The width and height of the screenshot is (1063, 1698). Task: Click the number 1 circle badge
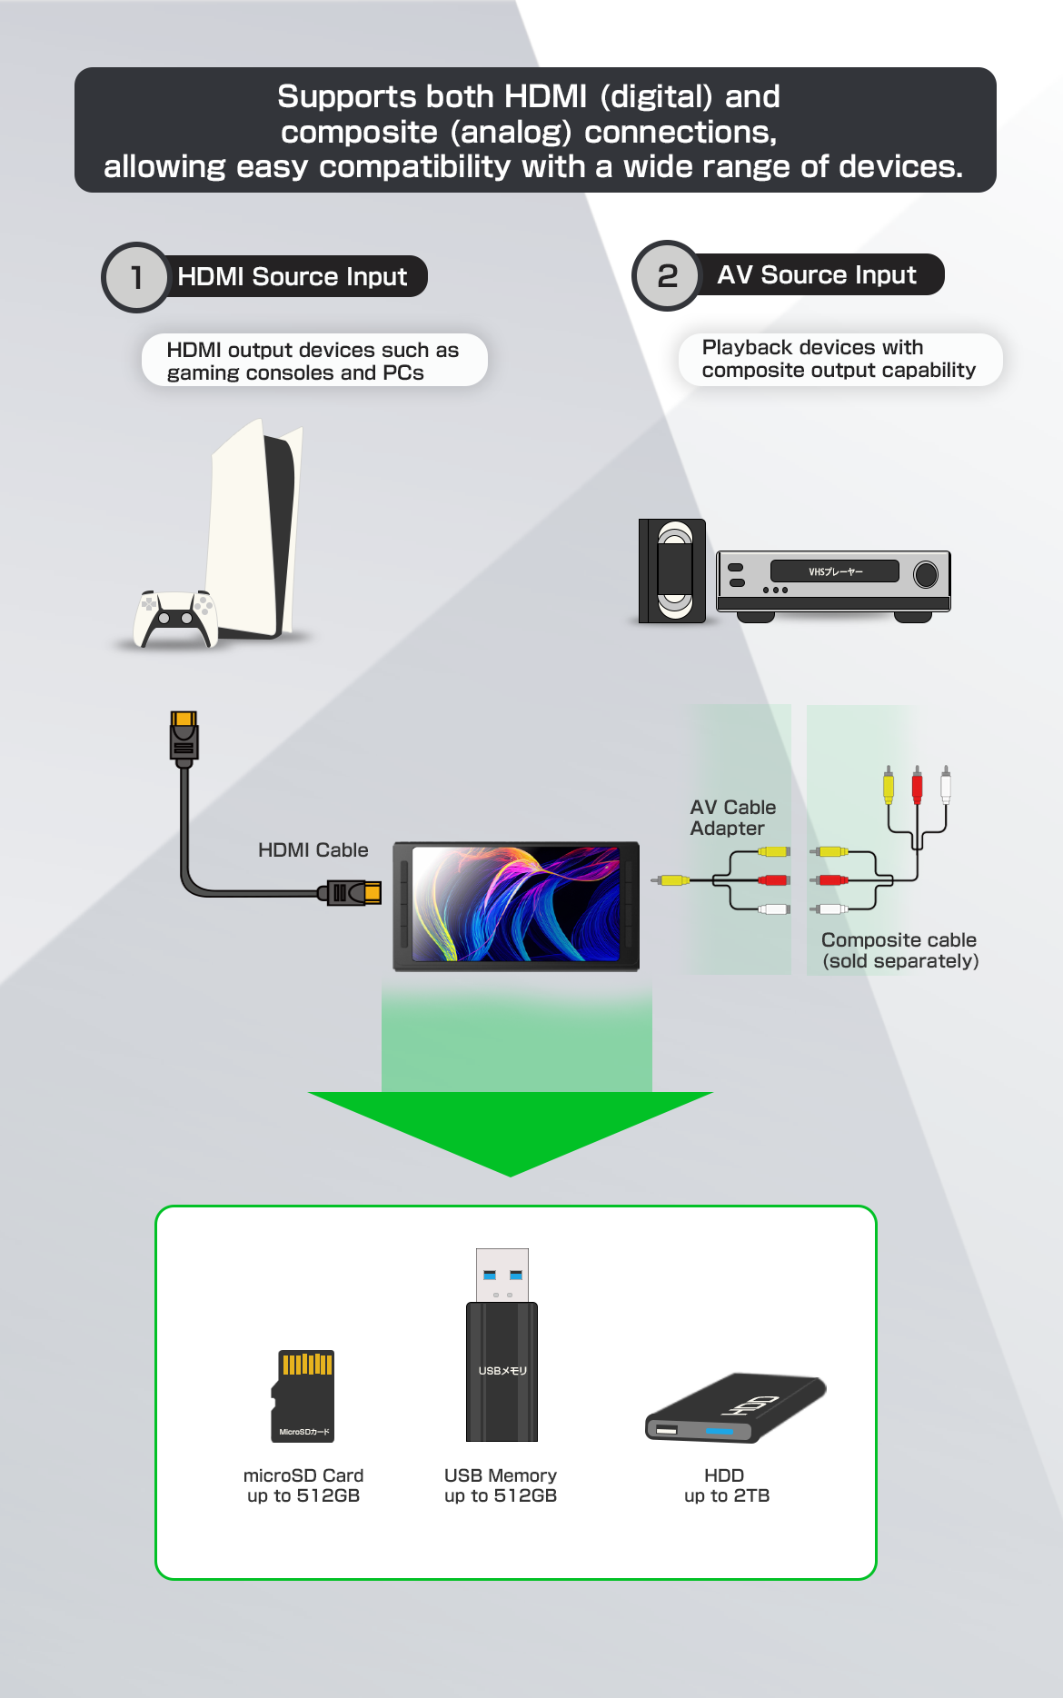pyautogui.click(x=136, y=277)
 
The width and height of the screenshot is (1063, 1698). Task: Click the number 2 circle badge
pyautogui.click(x=667, y=275)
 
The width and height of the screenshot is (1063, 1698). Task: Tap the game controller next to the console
pyautogui.click(x=175, y=618)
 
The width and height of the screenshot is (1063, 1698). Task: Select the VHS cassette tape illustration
pyautogui.click(x=673, y=571)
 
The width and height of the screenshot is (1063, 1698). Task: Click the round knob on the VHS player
pyautogui.click(x=925, y=574)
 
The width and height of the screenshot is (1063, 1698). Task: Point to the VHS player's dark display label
pyautogui.click(x=834, y=571)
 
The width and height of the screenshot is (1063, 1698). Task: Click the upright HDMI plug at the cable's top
pyautogui.click(x=184, y=737)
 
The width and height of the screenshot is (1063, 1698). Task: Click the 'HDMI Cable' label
pyautogui.click(x=313, y=849)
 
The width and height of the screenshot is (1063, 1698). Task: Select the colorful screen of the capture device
pyautogui.click(x=516, y=904)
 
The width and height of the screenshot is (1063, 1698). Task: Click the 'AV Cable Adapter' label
pyautogui.click(x=732, y=818)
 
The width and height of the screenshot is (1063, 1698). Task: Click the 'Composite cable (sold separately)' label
pyautogui.click(x=899, y=950)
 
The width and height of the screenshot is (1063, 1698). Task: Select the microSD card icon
pyautogui.click(x=303, y=1395)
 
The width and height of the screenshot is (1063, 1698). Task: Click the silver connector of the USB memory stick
pyautogui.click(x=502, y=1275)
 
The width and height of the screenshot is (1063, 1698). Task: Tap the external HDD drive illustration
pyautogui.click(x=735, y=1408)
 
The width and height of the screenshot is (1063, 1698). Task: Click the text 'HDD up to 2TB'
pyautogui.click(x=726, y=1485)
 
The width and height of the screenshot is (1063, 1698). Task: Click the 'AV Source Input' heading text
pyautogui.click(x=816, y=274)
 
